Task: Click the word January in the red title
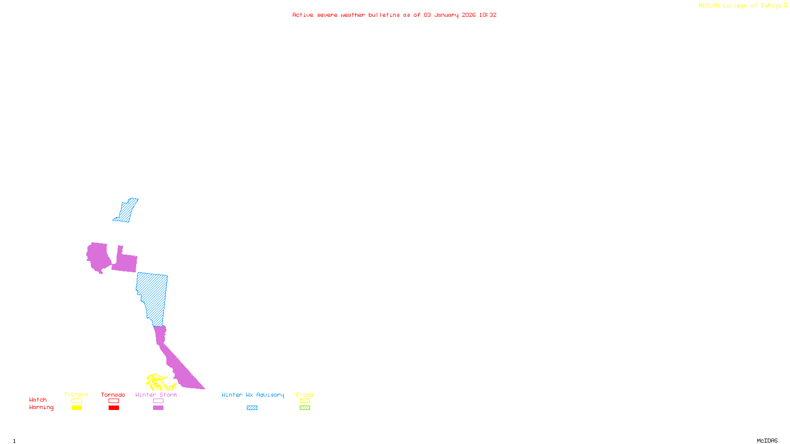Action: click(446, 15)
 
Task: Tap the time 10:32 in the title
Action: click(488, 15)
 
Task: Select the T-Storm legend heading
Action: click(76, 395)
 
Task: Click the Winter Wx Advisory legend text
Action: click(253, 395)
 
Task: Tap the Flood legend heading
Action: click(305, 395)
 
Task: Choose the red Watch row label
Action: click(38, 400)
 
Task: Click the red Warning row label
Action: click(41, 407)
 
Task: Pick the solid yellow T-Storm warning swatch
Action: click(77, 408)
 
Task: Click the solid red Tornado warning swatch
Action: click(114, 408)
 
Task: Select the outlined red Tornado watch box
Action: click(114, 401)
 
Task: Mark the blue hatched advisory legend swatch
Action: click(252, 408)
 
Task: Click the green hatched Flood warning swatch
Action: click(305, 408)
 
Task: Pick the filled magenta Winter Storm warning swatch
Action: click(158, 408)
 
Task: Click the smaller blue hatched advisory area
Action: click(126, 211)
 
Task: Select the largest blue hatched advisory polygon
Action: click(154, 296)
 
